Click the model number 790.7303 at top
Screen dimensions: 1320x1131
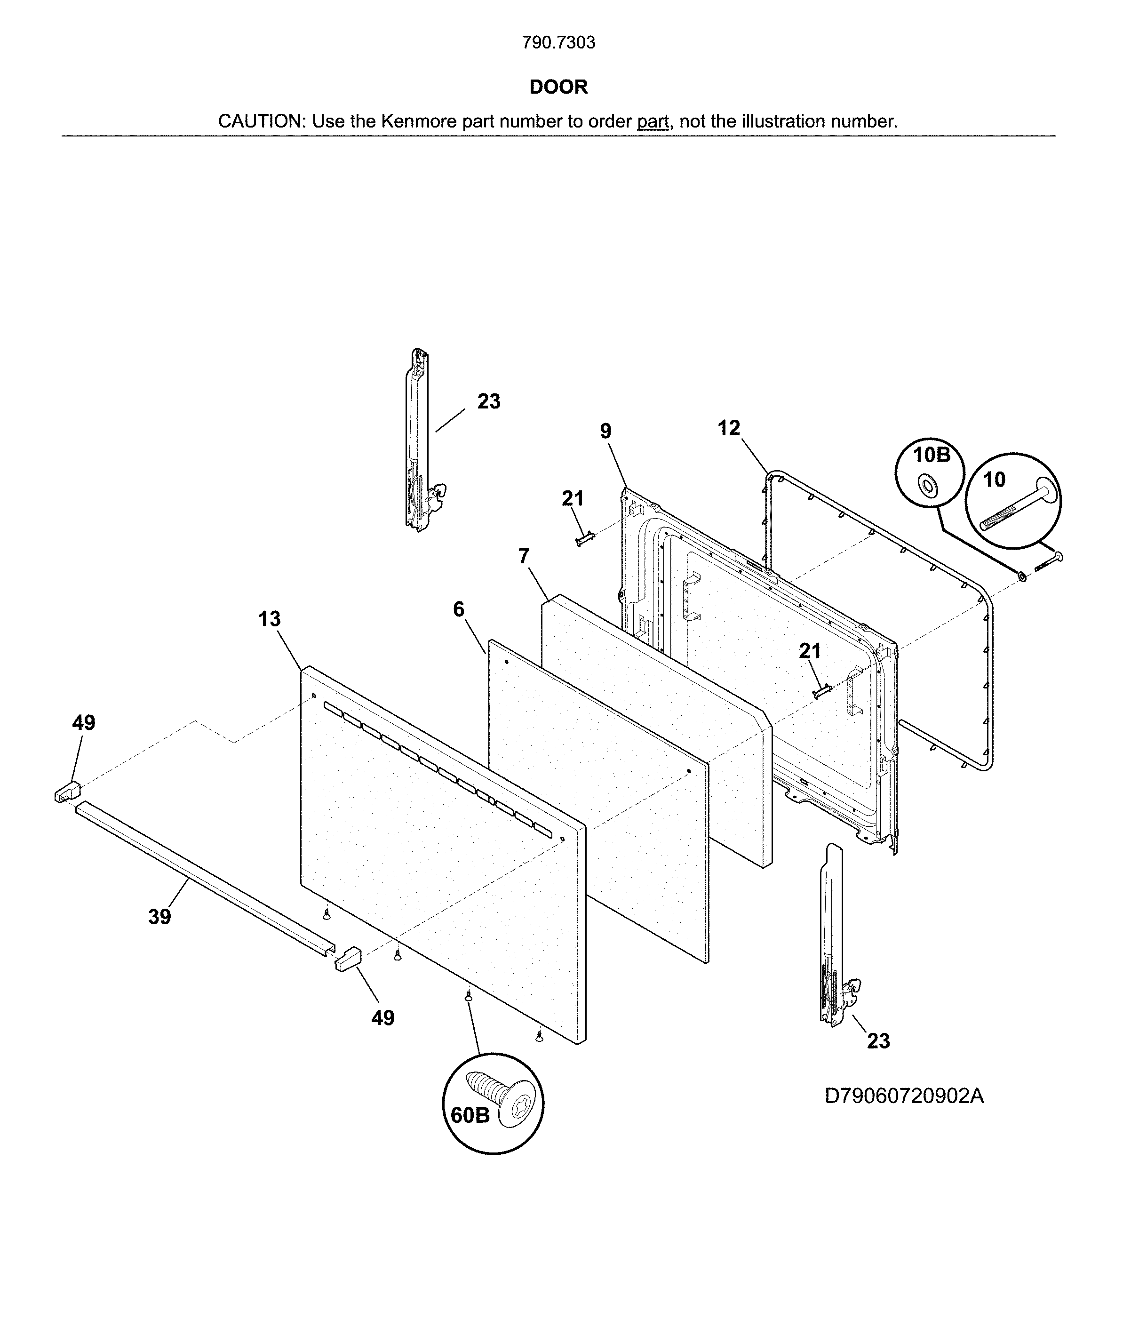[558, 43]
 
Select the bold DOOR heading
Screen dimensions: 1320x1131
[558, 87]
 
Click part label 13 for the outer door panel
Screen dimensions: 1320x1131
[270, 619]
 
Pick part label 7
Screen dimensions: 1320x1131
[524, 556]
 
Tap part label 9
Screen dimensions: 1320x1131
[605, 431]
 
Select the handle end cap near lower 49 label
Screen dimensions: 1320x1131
[348, 958]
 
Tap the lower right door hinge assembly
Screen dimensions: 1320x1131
[834, 936]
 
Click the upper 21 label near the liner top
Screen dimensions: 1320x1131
[573, 498]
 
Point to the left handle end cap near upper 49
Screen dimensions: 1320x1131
[67, 792]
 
